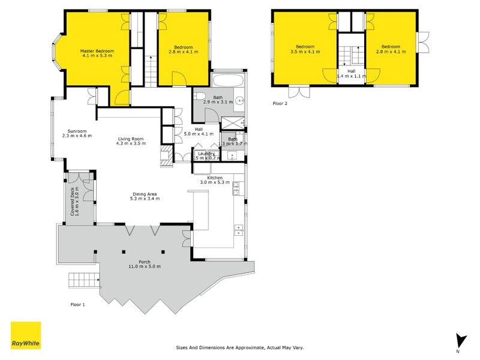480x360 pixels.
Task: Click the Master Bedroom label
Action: (x=97, y=52)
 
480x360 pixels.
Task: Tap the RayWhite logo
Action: (x=26, y=335)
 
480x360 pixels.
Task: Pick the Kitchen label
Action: (x=215, y=178)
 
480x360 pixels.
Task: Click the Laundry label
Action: (x=206, y=154)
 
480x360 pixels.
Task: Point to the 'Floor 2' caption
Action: (x=280, y=104)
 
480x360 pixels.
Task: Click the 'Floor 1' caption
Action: (x=77, y=305)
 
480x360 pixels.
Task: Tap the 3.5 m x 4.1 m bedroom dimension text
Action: (x=305, y=52)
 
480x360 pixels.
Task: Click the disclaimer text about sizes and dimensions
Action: (x=240, y=347)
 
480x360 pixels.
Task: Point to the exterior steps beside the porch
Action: (x=83, y=279)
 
